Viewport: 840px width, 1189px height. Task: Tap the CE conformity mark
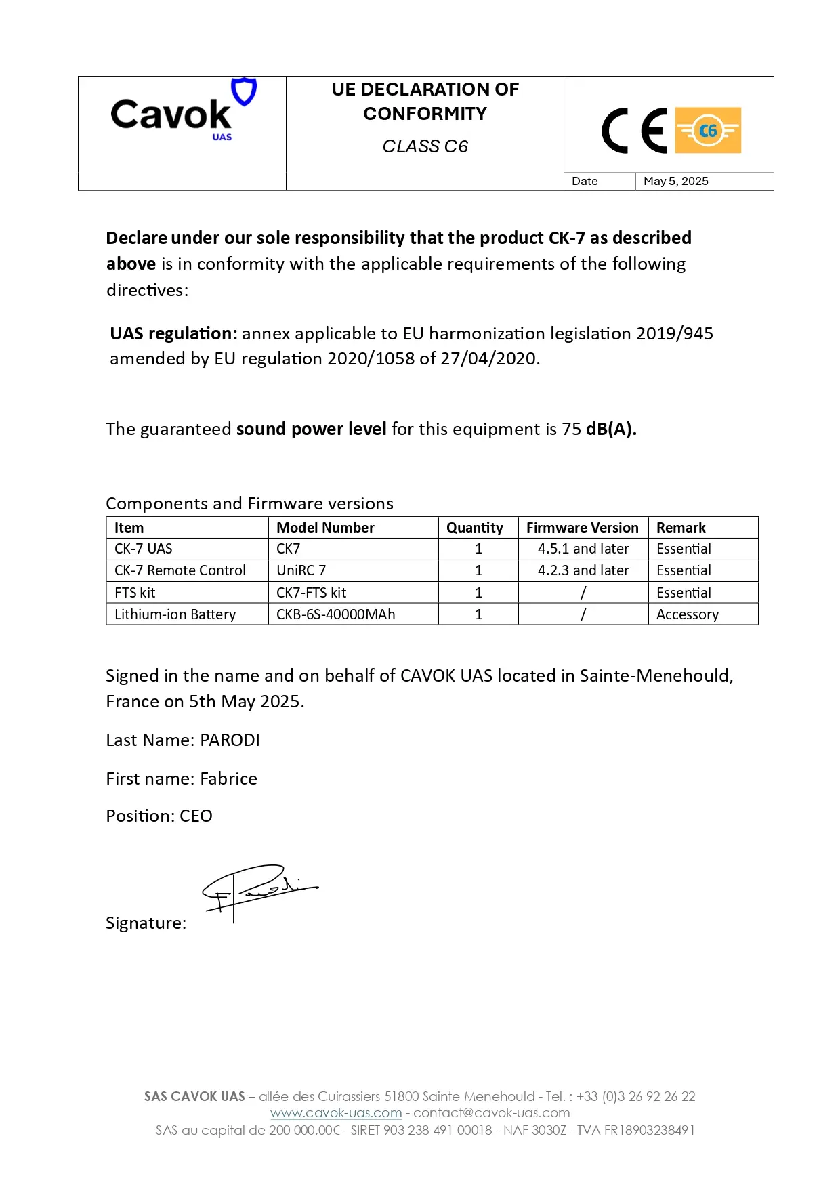coord(634,131)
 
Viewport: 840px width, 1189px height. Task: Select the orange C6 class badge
coord(708,130)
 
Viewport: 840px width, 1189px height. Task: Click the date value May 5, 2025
coord(675,181)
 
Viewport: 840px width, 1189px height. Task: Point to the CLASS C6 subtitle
coord(425,146)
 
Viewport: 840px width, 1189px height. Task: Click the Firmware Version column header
coord(582,528)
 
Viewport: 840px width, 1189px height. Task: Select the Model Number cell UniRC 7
coord(301,570)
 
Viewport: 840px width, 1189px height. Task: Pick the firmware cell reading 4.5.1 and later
coord(583,549)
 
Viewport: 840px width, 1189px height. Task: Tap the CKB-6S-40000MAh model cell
coord(335,614)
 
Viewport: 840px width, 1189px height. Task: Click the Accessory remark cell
coord(687,614)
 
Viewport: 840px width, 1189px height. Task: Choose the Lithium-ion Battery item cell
coord(175,614)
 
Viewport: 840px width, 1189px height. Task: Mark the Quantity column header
coord(474,528)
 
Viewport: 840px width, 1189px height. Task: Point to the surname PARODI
coord(230,740)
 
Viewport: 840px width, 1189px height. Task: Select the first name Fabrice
coord(228,778)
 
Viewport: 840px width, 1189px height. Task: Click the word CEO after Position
coord(196,816)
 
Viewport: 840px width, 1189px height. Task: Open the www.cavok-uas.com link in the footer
coord(336,1112)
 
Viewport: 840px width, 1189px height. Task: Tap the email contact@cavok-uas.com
coord(492,1112)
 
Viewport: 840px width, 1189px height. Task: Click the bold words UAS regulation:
coord(173,333)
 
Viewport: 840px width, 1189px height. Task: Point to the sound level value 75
coord(571,429)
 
